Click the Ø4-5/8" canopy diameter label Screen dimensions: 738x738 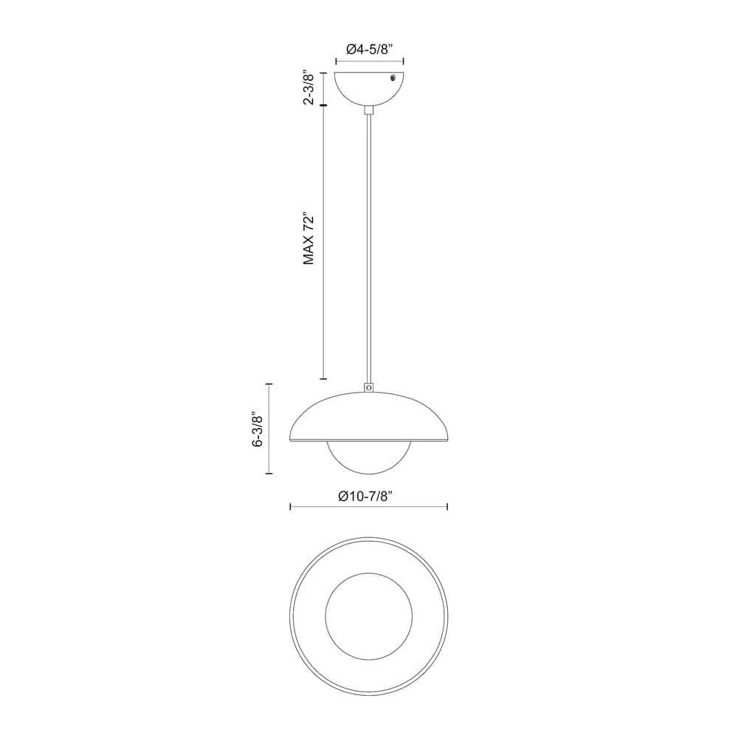tap(370, 49)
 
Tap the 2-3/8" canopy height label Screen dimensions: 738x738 tap(308, 89)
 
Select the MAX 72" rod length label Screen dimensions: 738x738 tap(308, 239)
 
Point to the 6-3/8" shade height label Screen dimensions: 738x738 tap(258, 430)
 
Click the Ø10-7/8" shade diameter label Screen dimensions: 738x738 tap(365, 496)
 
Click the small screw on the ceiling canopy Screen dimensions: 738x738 tap(394, 78)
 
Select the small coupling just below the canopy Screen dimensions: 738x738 tap(370, 110)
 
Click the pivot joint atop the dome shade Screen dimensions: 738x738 tap(369, 387)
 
